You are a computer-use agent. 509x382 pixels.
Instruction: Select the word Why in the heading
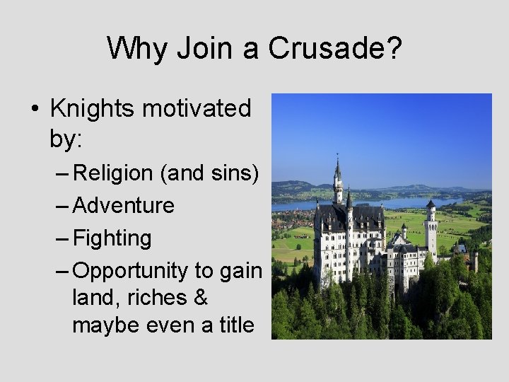(136, 48)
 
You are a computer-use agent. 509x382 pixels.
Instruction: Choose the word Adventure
(124, 205)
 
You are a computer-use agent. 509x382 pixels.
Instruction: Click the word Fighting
(112, 238)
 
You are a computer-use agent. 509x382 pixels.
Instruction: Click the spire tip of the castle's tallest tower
(338, 157)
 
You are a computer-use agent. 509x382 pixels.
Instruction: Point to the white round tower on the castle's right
(431, 230)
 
